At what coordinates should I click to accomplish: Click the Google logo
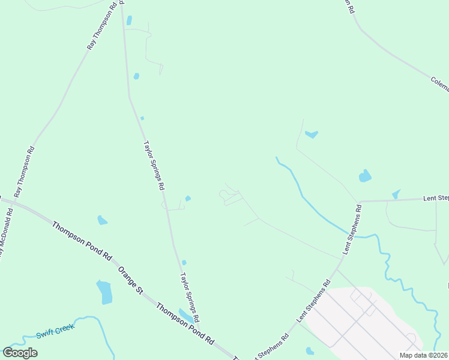20,353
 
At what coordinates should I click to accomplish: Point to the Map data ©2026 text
424,355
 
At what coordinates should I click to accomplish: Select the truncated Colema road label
439,84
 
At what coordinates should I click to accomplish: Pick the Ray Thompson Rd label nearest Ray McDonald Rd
25,172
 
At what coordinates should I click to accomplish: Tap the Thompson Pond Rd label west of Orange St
82,240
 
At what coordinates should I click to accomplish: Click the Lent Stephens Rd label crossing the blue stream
353,229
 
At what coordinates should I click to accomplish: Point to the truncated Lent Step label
436,197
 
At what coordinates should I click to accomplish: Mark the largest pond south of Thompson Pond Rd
104,292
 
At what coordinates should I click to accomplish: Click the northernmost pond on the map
129,20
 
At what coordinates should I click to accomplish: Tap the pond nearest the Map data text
310,351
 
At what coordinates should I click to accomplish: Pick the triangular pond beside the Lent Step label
396,194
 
